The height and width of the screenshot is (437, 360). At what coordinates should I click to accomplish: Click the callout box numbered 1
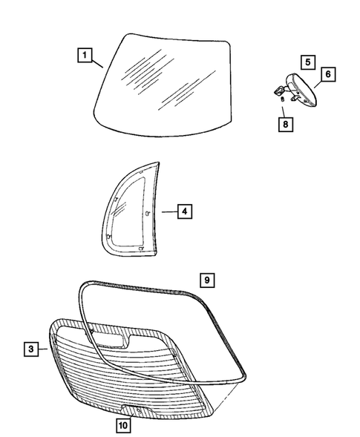point(86,54)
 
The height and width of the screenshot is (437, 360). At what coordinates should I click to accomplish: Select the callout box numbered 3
point(30,349)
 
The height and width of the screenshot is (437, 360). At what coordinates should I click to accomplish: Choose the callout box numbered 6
point(327,73)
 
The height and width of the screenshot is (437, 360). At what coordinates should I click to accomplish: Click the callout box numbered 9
point(209,280)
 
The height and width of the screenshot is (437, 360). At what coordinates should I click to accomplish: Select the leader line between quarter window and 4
point(168,212)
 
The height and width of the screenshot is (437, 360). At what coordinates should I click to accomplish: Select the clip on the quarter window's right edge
point(148,212)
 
